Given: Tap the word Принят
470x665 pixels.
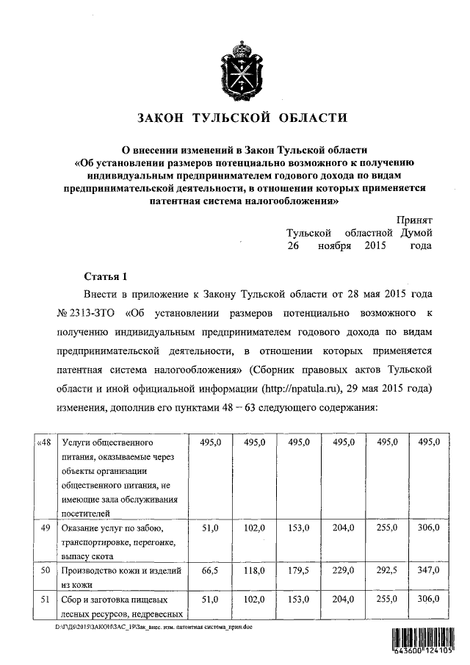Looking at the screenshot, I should pos(414,220).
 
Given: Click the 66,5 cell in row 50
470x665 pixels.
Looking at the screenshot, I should pos(210,569).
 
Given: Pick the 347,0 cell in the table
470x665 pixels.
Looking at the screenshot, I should pos(429,569).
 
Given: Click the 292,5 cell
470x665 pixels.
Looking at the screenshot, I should pos(386,569).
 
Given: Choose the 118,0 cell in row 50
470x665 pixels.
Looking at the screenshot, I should pos(255,569).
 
